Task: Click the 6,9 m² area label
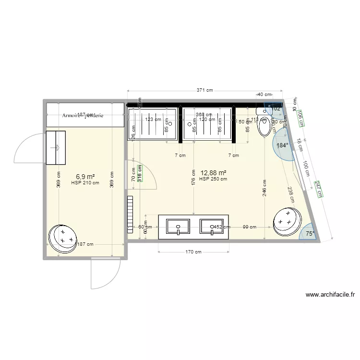pos(84,177)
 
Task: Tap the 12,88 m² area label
pos(213,173)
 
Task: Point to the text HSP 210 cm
pos(85,182)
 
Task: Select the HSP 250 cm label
pos(213,179)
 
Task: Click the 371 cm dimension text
pos(205,90)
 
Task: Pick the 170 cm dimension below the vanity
pos(193,252)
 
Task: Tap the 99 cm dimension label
pos(249,227)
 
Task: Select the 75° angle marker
pos(310,234)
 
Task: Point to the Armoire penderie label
pos(83,115)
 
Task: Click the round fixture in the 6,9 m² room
pos(63,238)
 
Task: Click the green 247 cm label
pos(318,189)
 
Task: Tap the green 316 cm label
pos(140,173)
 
